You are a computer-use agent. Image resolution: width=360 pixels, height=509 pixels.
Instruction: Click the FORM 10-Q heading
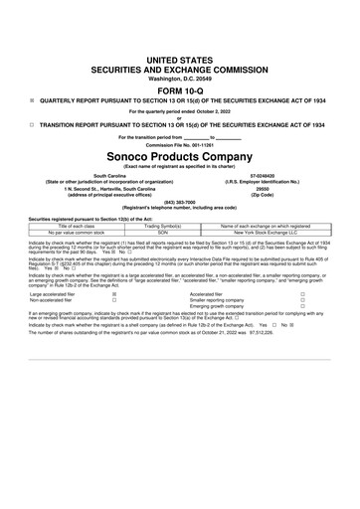tap(179, 87)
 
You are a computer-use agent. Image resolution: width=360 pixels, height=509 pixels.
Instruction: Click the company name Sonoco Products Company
tap(179, 158)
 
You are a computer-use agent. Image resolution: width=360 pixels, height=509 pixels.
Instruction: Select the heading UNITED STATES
tap(179, 61)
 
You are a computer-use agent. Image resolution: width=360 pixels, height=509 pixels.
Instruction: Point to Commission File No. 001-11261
tap(179, 145)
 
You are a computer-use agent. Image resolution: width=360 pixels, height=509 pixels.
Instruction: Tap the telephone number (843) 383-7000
tap(179, 200)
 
